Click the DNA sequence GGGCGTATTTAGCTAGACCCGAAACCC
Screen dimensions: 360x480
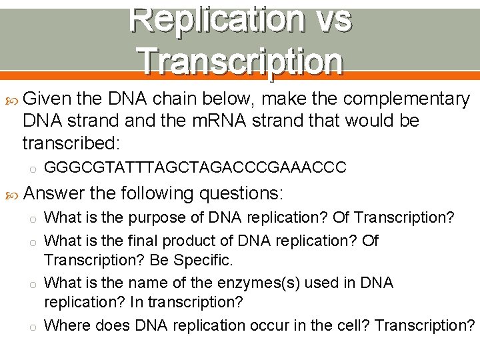[195, 167]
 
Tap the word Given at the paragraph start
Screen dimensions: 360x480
[47, 99]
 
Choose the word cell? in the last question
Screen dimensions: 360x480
[349, 325]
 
